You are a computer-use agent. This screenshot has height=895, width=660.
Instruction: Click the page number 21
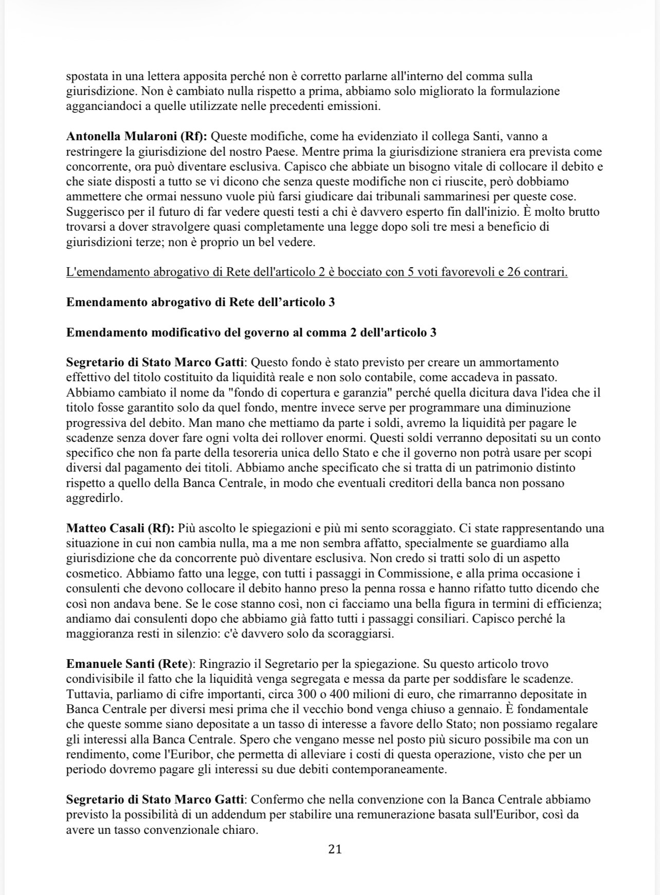(x=335, y=849)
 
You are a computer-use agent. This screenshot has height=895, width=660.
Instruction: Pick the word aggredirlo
(x=94, y=498)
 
